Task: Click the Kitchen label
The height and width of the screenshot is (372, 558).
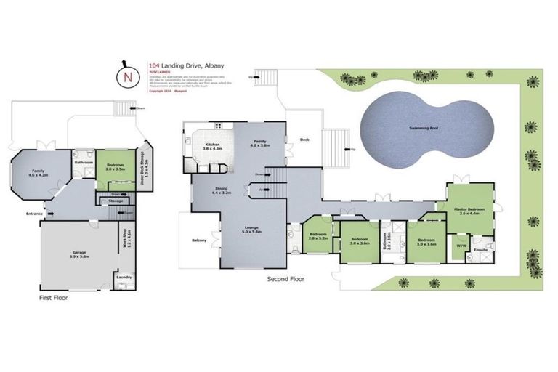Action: pos(213,145)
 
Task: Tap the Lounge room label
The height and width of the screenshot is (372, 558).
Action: pos(252,228)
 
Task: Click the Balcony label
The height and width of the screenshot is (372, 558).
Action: pos(198,240)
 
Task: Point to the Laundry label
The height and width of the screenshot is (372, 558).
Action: pos(123,276)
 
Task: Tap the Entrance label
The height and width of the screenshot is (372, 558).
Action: pos(34,214)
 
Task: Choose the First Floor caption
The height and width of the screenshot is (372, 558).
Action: pos(52,297)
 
